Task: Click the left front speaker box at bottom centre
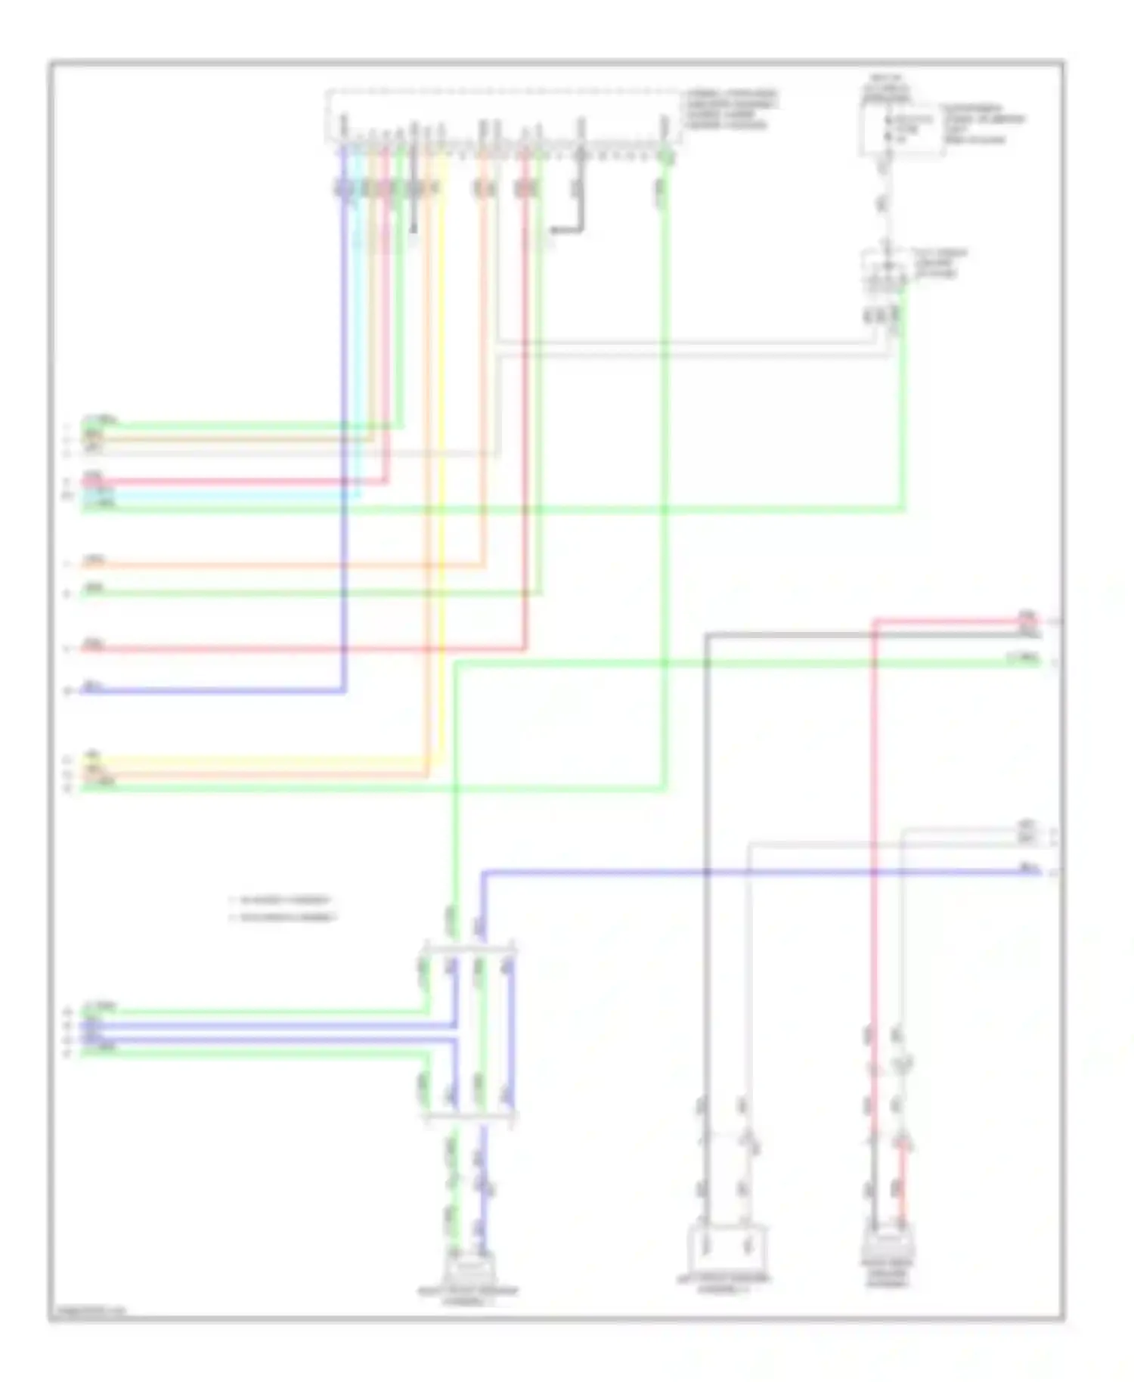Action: click(x=726, y=1248)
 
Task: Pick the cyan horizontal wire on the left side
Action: click(x=219, y=495)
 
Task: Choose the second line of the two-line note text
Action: click(x=287, y=918)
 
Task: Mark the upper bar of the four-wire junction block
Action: click(x=469, y=948)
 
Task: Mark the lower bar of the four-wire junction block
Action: click(x=469, y=1116)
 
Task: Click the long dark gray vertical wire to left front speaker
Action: click(x=707, y=907)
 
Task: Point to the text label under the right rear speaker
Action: click(x=888, y=1274)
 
